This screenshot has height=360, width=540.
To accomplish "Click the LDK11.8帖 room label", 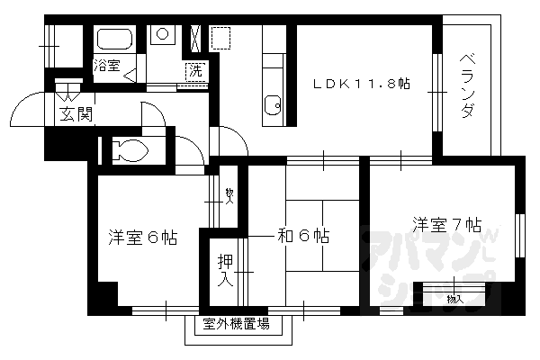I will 361,84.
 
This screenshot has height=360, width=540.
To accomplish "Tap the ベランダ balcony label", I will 467,87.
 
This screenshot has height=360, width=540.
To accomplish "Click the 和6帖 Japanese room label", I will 302,237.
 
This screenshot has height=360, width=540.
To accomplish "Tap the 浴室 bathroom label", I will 106,65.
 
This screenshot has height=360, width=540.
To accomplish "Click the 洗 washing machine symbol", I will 194,71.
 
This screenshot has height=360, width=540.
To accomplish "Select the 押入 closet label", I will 225,270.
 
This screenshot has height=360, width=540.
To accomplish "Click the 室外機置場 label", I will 236,324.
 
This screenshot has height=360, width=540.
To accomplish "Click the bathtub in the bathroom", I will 114,40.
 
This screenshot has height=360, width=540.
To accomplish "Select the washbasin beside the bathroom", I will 163,36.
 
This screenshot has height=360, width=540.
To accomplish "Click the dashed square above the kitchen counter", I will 220,38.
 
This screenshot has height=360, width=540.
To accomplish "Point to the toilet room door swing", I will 187,149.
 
